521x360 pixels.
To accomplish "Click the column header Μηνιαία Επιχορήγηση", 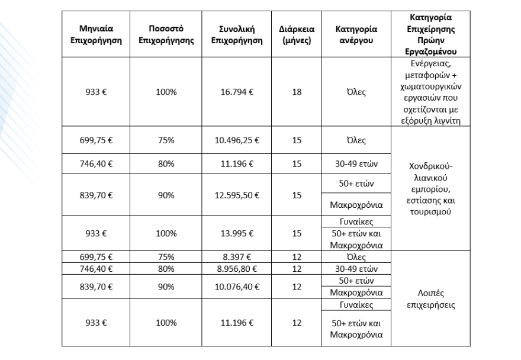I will [96, 35].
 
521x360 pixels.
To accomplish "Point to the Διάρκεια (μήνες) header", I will [297, 35].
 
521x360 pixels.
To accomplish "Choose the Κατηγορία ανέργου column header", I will [357, 35].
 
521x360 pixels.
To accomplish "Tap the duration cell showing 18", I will [297, 92].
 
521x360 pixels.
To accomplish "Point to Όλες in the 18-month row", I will [357, 92].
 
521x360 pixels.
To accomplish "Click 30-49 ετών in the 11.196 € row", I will [357, 163].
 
